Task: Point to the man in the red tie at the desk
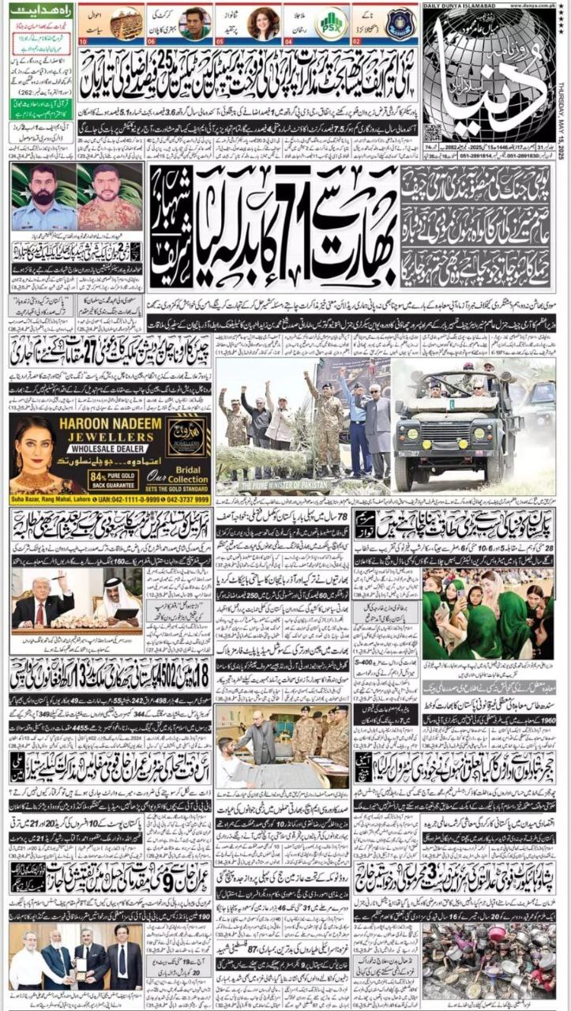point(40,604)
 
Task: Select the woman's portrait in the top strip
point(263,23)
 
